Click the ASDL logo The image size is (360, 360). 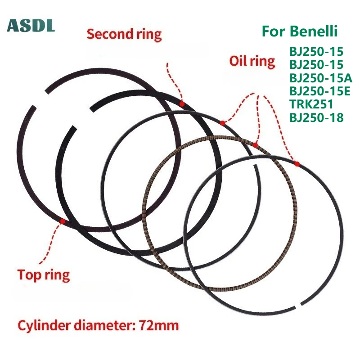click(x=31, y=26)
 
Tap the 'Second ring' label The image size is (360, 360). click(x=124, y=34)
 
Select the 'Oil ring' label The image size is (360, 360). click(x=252, y=61)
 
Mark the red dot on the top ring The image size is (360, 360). click(x=62, y=221)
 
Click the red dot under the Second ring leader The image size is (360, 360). click(x=181, y=104)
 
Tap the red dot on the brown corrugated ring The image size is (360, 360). click(x=255, y=145)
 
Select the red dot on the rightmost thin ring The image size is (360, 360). click(x=297, y=164)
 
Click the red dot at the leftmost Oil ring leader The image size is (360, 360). click(x=222, y=123)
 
